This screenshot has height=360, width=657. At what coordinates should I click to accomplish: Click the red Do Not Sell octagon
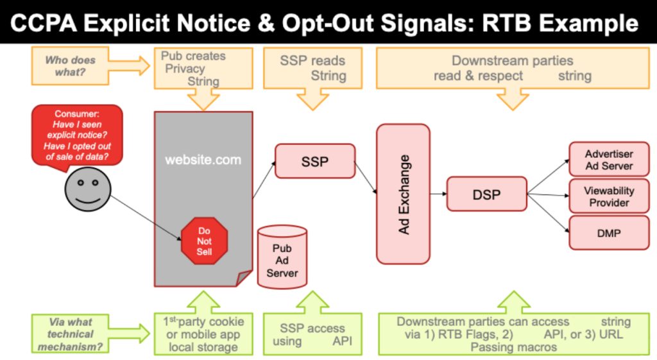click(x=204, y=241)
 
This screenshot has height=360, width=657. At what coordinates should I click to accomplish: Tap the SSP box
click(x=314, y=161)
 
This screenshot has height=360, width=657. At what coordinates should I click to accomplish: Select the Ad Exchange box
click(x=403, y=194)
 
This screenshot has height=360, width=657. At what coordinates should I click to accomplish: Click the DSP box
click(x=486, y=194)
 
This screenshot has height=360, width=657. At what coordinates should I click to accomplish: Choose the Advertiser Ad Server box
click(x=608, y=160)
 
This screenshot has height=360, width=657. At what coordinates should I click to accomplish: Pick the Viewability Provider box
click(x=608, y=196)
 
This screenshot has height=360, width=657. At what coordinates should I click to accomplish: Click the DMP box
click(x=608, y=233)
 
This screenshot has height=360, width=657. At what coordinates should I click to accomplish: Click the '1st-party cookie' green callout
click(x=203, y=334)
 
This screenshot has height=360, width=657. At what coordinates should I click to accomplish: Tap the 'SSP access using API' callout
click(x=312, y=334)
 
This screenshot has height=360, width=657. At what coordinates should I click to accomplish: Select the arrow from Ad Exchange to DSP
click(x=438, y=194)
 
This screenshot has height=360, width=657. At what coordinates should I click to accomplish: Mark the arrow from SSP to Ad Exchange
click(x=366, y=177)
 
